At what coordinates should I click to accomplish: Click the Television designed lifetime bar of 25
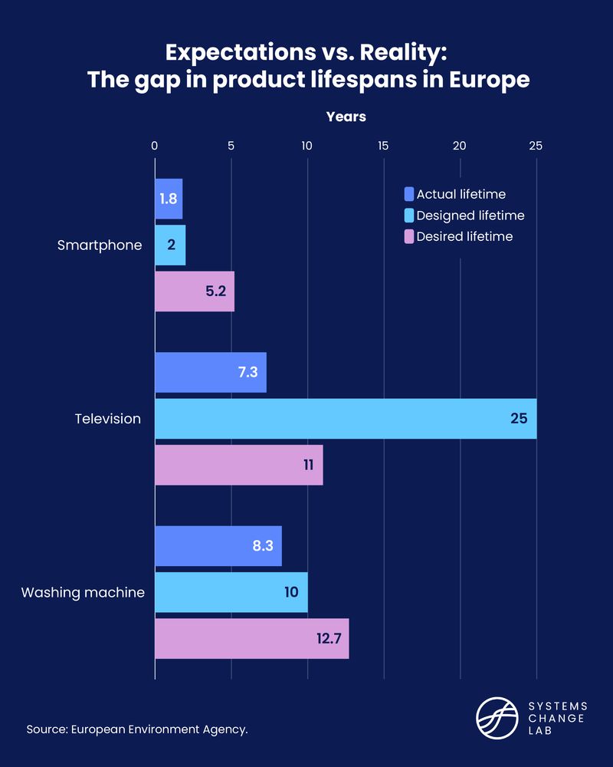click(346, 419)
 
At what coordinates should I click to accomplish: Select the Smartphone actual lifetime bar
click(169, 199)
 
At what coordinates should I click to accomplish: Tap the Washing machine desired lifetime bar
click(251, 638)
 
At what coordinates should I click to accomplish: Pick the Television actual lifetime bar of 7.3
click(211, 373)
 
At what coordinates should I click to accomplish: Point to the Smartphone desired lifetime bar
click(195, 291)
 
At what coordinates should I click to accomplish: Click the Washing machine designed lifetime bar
click(231, 592)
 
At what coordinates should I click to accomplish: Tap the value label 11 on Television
click(310, 465)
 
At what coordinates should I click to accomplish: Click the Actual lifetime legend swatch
click(408, 194)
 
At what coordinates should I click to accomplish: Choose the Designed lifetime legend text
click(470, 216)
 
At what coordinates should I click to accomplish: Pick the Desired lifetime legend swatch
click(408, 236)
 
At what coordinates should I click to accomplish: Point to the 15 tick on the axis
click(383, 146)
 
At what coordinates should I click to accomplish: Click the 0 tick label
click(155, 146)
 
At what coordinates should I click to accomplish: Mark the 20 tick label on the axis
click(460, 146)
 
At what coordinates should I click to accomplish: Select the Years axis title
click(346, 117)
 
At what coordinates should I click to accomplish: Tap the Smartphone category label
click(100, 245)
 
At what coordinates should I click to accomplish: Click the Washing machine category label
click(83, 592)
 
